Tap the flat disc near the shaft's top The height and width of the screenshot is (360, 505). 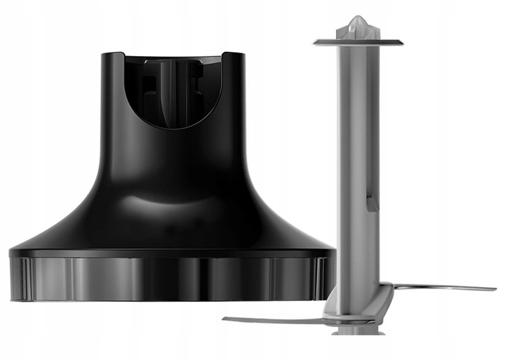358,42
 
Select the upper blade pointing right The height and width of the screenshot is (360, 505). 442,287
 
